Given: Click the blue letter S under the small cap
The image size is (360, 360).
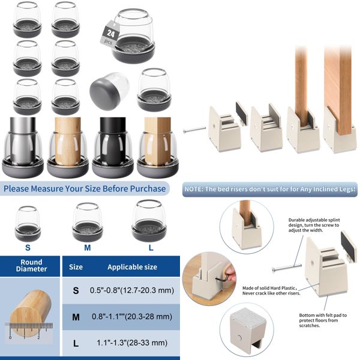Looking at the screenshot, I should [27, 246].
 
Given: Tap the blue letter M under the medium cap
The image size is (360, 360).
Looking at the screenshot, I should [87, 246].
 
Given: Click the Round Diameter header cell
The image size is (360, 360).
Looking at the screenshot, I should [31, 266].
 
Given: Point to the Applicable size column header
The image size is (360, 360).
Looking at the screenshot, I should [131, 266].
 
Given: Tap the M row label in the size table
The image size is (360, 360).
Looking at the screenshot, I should [76, 316].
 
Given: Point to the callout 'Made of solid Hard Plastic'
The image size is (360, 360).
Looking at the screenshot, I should [268, 290].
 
